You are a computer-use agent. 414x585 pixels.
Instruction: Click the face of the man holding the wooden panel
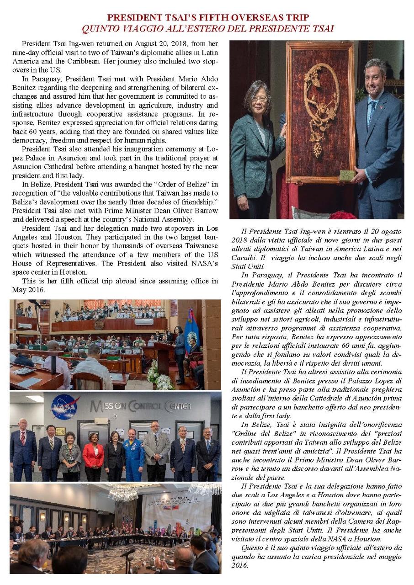click(375, 74)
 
